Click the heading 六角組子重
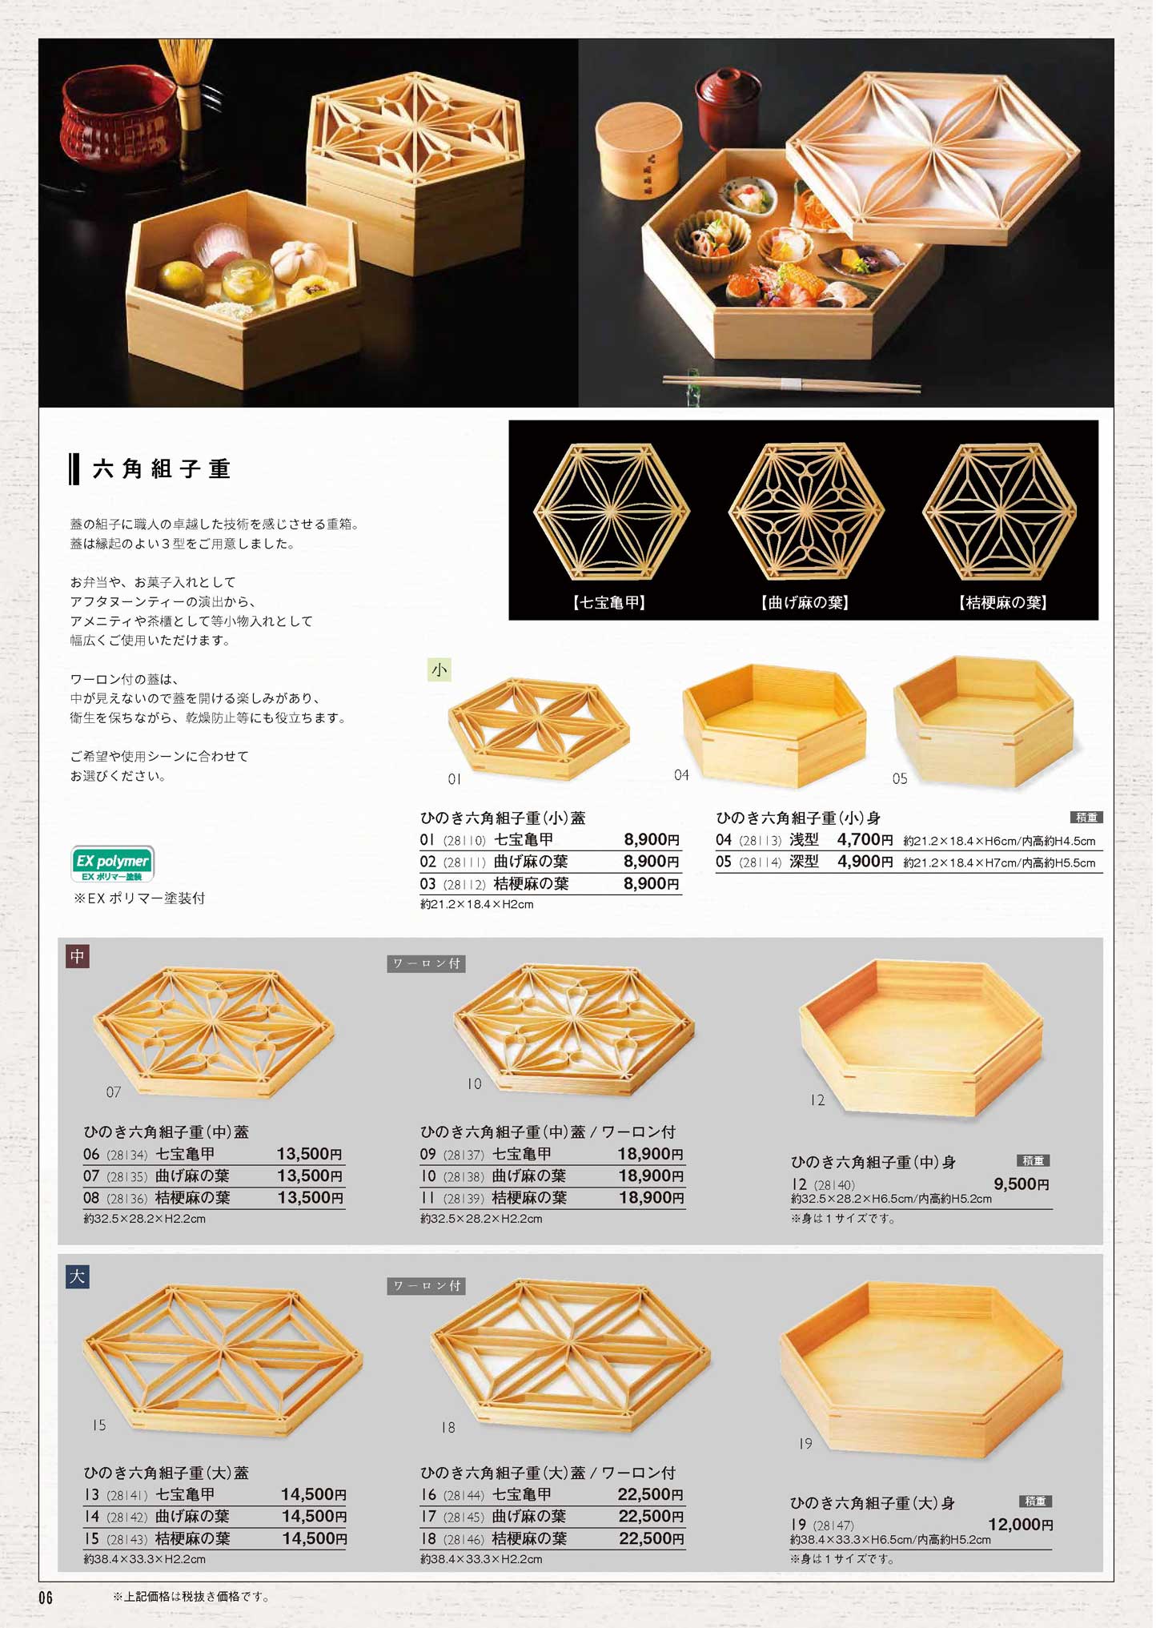pyautogui.click(x=162, y=468)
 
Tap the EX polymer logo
pyautogui.click(x=113, y=864)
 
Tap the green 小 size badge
pyautogui.click(x=440, y=669)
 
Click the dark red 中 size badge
pyautogui.click(x=77, y=956)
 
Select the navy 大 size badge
pyautogui.click(x=77, y=1276)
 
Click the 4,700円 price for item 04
pyautogui.click(x=865, y=840)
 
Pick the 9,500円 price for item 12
pyautogui.click(x=1022, y=1184)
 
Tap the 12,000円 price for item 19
pyautogui.click(x=1021, y=1525)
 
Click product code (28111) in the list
pyautogui.click(x=464, y=862)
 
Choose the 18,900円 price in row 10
pyautogui.click(x=651, y=1176)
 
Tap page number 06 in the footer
pyautogui.click(x=46, y=1598)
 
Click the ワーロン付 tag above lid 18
pyautogui.click(x=426, y=1286)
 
